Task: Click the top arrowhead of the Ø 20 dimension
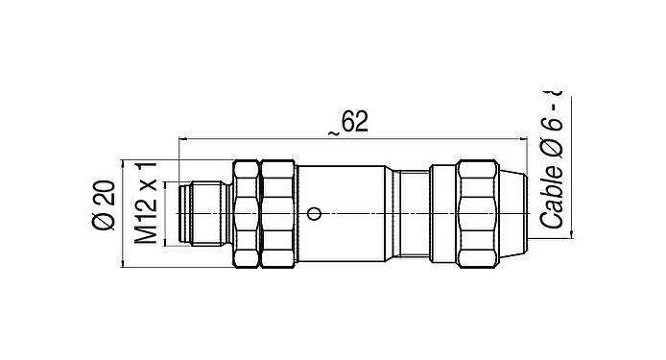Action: point(122,162)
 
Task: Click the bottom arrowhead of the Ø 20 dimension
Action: point(122,262)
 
